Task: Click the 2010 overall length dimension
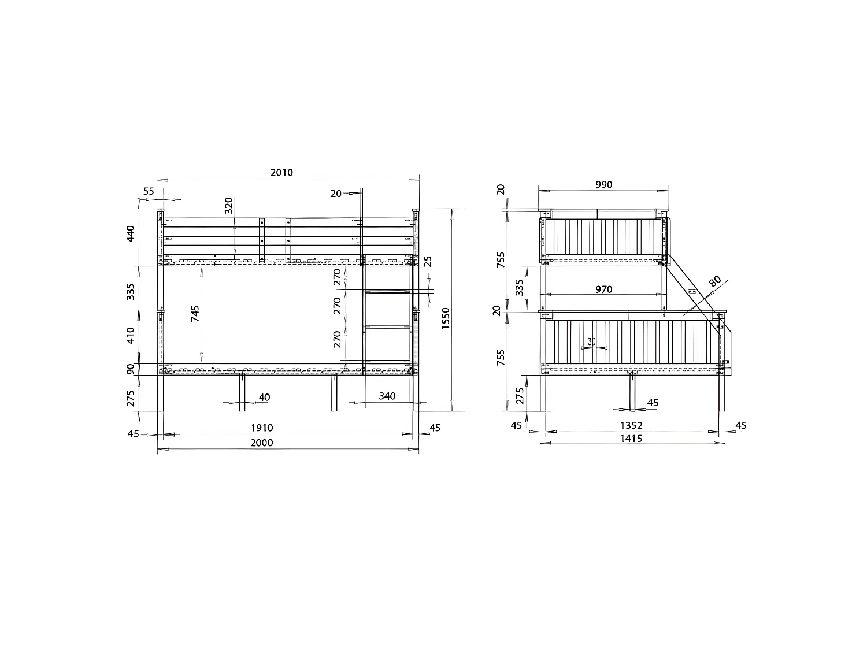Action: (x=281, y=172)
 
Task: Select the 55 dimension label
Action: (x=149, y=191)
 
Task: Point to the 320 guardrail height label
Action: (x=228, y=206)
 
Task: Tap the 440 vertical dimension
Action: (x=131, y=234)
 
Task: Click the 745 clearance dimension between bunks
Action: (x=195, y=314)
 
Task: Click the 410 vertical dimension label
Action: (x=131, y=336)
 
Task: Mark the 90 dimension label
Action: (x=131, y=369)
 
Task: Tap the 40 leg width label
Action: (x=264, y=397)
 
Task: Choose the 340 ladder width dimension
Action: (x=387, y=396)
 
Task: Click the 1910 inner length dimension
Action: (x=261, y=428)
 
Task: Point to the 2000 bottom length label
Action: (x=261, y=443)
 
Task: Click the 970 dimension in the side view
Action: (x=603, y=289)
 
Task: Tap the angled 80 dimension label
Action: (x=715, y=283)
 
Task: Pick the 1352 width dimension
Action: (x=631, y=426)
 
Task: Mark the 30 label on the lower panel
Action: (x=591, y=341)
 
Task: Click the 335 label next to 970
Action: (x=519, y=287)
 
